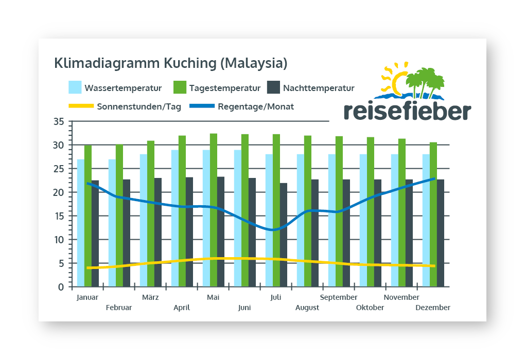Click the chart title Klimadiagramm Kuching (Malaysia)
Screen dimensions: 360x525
[x=170, y=64]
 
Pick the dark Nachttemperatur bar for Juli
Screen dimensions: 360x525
[x=284, y=235]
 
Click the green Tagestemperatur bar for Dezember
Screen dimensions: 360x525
[x=433, y=214]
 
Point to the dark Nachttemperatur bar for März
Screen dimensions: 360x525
[x=158, y=232]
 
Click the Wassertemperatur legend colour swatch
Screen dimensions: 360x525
[x=75, y=87]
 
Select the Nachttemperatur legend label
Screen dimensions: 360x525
[x=319, y=88]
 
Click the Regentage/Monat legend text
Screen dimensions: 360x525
[x=256, y=107]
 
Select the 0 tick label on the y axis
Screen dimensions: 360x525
[x=61, y=287]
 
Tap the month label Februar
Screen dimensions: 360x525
[x=119, y=308]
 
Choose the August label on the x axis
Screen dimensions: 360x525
[x=307, y=308]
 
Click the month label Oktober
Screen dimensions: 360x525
[x=370, y=308]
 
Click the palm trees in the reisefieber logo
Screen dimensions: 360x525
[x=425, y=81]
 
